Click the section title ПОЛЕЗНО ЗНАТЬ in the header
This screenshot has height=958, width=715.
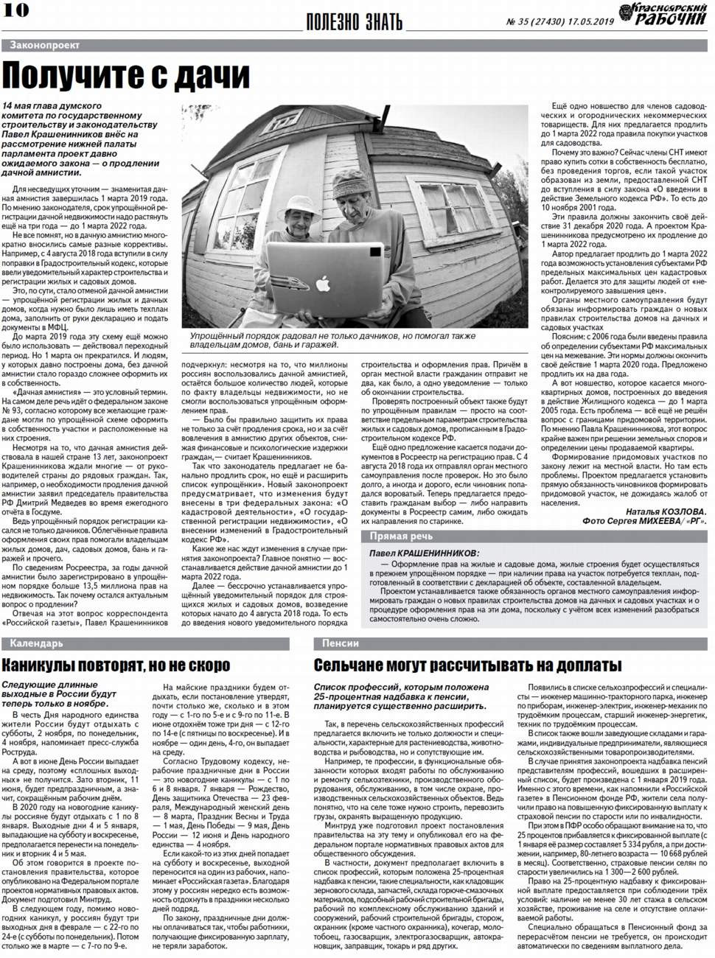355,21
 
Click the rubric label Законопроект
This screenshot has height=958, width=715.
44,46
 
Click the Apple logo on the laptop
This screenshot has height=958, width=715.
322,282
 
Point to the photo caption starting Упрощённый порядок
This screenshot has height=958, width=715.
332,340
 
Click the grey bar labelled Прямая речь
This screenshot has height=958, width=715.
402,536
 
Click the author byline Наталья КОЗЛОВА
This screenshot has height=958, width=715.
666,511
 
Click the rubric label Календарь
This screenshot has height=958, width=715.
37,643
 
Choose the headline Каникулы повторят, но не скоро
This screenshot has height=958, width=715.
116,666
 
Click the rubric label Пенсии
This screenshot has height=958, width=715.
341,643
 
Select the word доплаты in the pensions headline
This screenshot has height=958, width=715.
576,666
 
